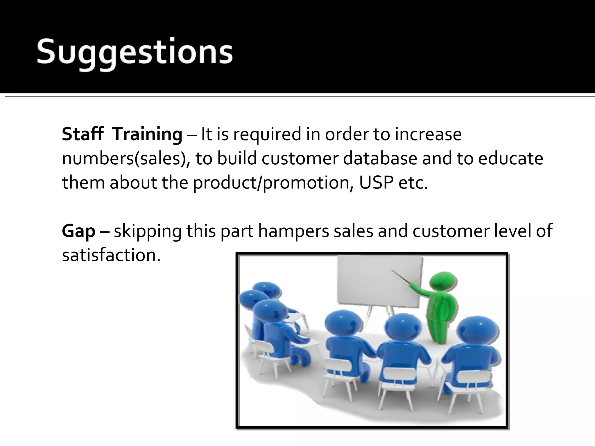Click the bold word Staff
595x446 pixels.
click(x=83, y=134)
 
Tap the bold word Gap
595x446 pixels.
click(x=78, y=231)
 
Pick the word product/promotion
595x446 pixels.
click(x=273, y=183)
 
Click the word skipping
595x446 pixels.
click(x=147, y=231)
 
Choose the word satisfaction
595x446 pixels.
click(x=111, y=255)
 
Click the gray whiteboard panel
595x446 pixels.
click(x=378, y=282)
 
